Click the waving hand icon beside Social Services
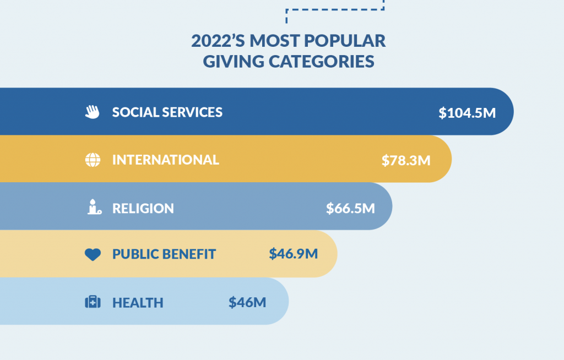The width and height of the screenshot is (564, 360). click(x=92, y=112)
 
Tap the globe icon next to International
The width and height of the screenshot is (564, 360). click(x=93, y=160)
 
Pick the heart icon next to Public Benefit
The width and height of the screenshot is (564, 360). click(x=93, y=254)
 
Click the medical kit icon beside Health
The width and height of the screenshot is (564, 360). click(x=93, y=302)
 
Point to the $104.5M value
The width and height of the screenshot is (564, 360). click(x=467, y=113)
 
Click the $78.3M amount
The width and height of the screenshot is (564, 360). click(x=406, y=160)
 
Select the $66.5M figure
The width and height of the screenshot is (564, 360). click(x=350, y=208)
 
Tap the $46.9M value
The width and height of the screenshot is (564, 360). click(x=293, y=254)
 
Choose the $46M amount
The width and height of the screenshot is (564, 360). click(x=247, y=302)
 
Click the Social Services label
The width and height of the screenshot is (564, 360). click(x=167, y=112)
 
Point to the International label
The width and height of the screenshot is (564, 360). click(x=165, y=160)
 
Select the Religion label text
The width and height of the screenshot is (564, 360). click(x=143, y=208)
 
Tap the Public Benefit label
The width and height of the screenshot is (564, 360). click(x=164, y=254)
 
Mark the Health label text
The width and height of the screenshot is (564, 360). click(x=138, y=302)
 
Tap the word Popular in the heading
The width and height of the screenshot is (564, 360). click(x=351, y=41)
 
